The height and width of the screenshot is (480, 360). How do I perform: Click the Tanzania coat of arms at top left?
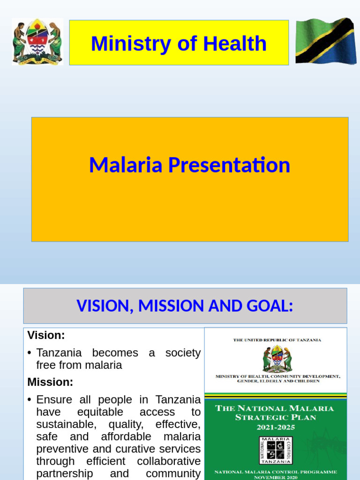(37, 42)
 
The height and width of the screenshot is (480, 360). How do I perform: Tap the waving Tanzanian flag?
(325, 41)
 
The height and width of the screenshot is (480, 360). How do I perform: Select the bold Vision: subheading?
(46, 335)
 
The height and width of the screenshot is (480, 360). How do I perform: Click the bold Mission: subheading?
(50, 382)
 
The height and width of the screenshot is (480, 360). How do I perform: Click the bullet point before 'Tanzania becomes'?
(30, 353)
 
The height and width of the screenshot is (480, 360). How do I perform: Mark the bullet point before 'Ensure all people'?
(30, 400)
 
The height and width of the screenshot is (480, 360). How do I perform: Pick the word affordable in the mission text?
(127, 436)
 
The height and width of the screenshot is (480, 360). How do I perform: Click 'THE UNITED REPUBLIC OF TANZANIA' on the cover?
(277, 340)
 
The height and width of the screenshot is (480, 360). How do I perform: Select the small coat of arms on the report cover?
(277, 359)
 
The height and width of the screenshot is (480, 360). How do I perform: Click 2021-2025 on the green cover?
(276, 427)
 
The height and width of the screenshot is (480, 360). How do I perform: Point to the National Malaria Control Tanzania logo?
(276, 450)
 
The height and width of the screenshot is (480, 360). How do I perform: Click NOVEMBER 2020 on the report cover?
(276, 477)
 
